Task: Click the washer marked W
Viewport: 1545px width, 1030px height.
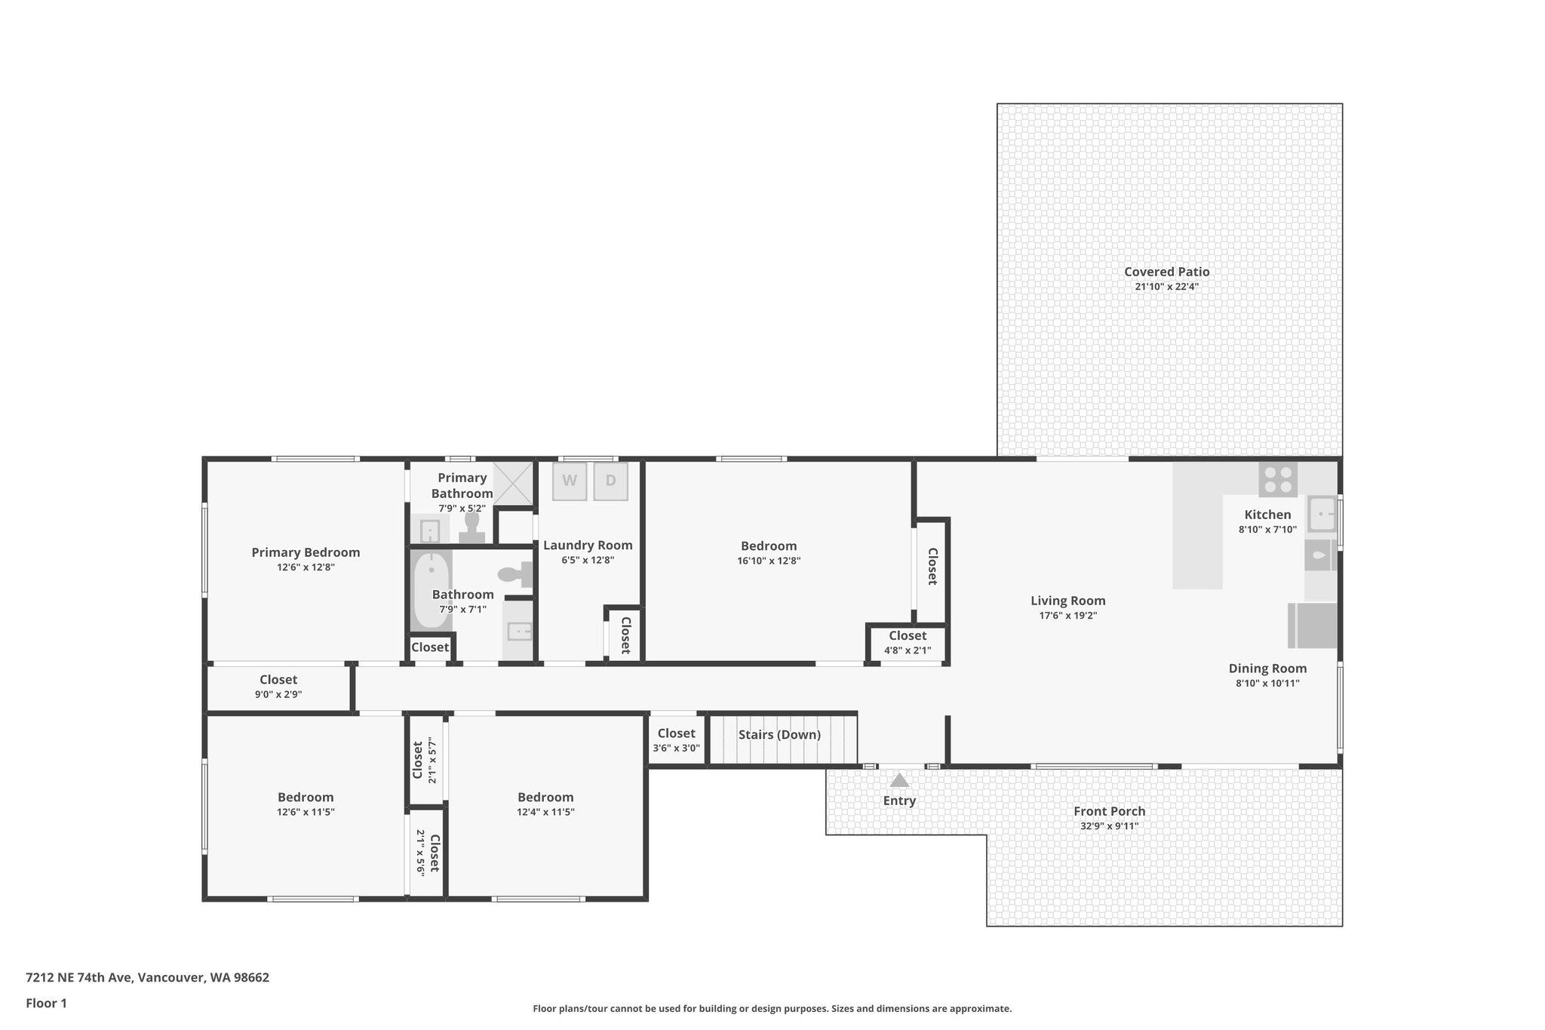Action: point(570,481)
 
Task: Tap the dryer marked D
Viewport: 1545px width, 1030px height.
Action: point(610,481)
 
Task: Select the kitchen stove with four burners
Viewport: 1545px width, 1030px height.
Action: point(1278,479)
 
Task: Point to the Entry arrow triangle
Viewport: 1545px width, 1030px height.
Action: point(899,780)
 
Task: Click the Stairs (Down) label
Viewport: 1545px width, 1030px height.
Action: point(779,735)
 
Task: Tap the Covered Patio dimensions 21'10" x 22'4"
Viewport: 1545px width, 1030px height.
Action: point(1166,287)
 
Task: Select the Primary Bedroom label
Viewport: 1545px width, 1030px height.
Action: point(306,552)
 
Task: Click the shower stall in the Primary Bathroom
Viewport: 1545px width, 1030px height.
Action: point(513,482)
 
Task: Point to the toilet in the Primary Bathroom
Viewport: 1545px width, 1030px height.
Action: point(472,527)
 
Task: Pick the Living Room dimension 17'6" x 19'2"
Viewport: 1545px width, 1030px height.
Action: point(1067,616)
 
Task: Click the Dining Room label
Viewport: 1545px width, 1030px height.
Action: point(1267,669)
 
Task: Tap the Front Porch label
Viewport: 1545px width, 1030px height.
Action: point(1109,811)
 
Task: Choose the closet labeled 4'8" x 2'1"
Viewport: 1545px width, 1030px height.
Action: point(907,643)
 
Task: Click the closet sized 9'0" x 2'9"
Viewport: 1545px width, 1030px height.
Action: point(278,687)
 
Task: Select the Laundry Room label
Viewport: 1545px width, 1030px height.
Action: point(588,546)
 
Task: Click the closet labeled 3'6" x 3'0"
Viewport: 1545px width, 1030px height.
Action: point(676,740)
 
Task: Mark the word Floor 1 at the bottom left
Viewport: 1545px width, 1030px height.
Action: point(46,1004)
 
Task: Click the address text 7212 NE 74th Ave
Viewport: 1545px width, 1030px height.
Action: point(79,978)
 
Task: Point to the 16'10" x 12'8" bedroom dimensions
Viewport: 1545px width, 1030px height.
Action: point(769,561)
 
